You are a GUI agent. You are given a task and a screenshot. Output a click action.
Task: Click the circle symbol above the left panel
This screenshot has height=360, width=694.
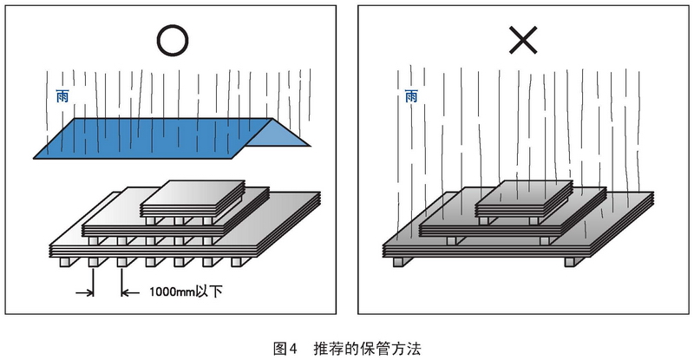point(173,25)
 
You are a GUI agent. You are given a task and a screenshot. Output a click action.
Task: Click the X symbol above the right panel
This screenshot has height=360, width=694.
point(523,40)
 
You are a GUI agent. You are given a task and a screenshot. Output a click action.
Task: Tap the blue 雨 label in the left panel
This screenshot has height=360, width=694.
point(62,96)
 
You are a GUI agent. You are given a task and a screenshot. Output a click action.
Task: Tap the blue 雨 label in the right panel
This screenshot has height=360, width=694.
point(411,96)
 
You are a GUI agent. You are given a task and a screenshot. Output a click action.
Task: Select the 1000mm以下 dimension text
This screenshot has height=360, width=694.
point(186,292)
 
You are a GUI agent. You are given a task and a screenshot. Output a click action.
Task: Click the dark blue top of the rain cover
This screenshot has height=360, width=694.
point(153,138)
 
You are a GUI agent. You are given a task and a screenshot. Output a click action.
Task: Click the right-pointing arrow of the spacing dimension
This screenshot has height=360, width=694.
point(84,292)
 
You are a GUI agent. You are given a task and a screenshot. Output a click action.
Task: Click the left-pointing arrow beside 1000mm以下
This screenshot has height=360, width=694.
point(130,292)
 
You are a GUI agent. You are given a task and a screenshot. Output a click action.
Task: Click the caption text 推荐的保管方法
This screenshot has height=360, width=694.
point(367,349)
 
